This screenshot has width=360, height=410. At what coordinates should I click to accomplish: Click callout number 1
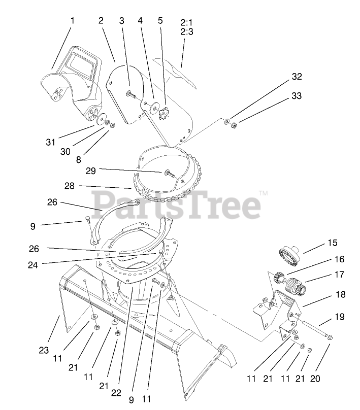coord(72,21)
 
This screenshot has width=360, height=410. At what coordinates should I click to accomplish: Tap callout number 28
coord(69,186)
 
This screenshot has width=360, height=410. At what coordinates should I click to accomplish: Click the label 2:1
coord(186,22)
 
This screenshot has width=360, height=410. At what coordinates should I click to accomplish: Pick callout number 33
coord(296,95)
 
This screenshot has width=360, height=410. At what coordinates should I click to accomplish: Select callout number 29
coord(91,170)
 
